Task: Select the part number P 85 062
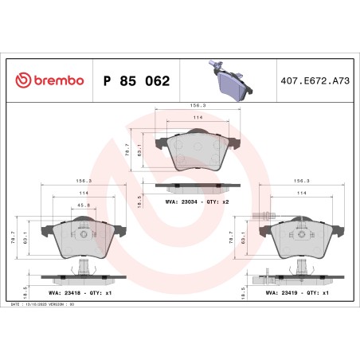point(136,81)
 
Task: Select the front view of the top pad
point(196,151)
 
